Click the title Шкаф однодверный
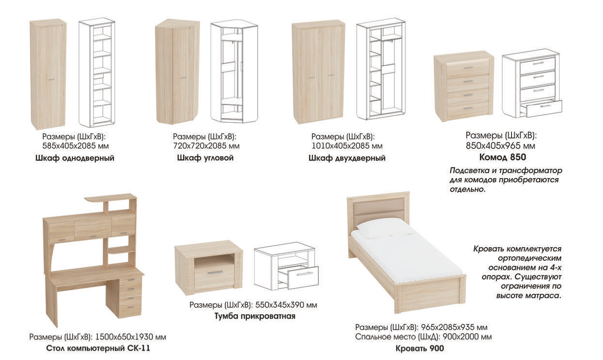click(x=75, y=158)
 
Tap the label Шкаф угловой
click(x=205, y=158)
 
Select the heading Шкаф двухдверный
click(x=347, y=158)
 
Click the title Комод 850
click(x=503, y=157)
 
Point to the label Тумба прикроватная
click(x=255, y=316)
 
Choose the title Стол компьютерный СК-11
click(x=98, y=348)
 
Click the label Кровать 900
click(x=420, y=348)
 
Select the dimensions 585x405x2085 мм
click(x=75, y=146)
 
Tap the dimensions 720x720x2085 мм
click(x=206, y=146)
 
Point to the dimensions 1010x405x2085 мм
click(x=347, y=146)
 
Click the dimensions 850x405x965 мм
click(x=500, y=146)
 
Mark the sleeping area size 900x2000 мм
click(x=467, y=337)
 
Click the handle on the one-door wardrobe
click(x=51, y=80)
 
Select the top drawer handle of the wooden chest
click(x=468, y=68)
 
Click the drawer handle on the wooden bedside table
click(x=215, y=273)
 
